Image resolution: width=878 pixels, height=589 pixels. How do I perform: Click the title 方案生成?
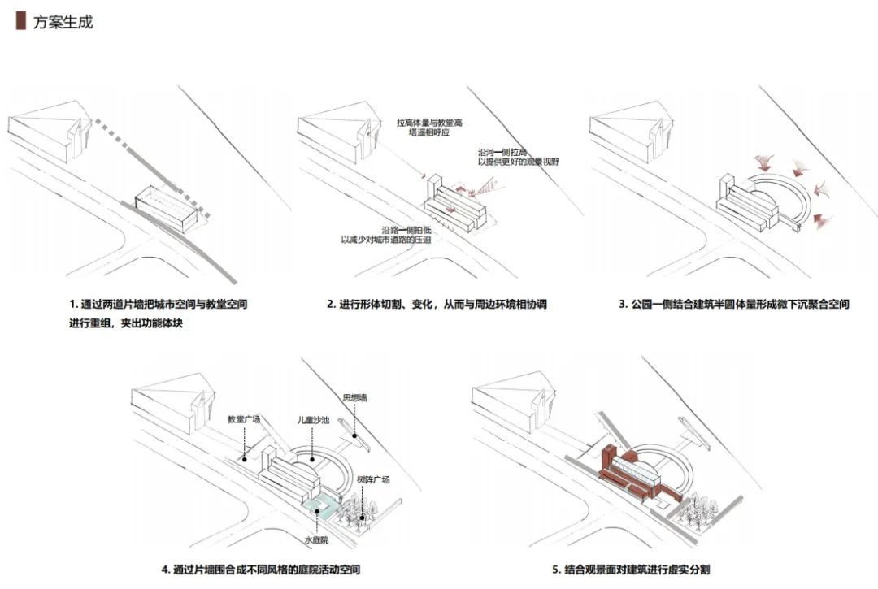[63, 22]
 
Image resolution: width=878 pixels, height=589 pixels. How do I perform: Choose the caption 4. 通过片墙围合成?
[260, 570]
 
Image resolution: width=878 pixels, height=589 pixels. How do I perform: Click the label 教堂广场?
[244, 419]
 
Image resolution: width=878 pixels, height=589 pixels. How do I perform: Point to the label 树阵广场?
[373, 479]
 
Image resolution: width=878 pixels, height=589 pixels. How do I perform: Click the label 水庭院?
[315, 539]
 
